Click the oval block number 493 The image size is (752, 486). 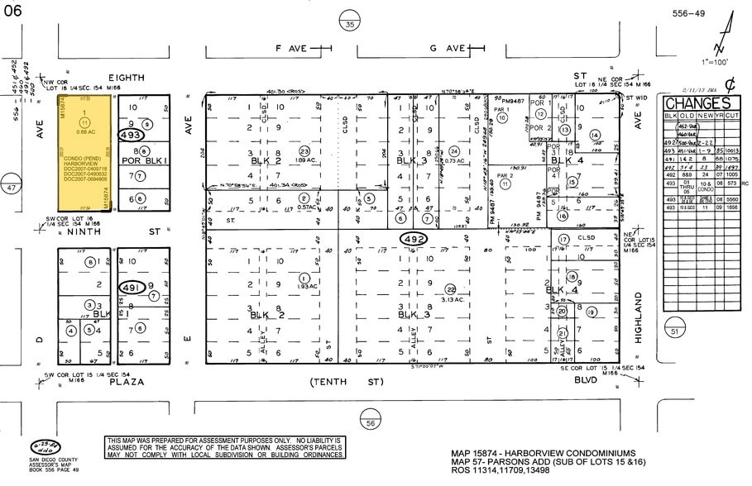132,135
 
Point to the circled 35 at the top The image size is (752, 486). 350,25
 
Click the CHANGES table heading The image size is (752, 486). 697,103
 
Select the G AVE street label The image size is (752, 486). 448,49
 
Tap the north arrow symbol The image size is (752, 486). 726,33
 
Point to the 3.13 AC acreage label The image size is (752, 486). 451,299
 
